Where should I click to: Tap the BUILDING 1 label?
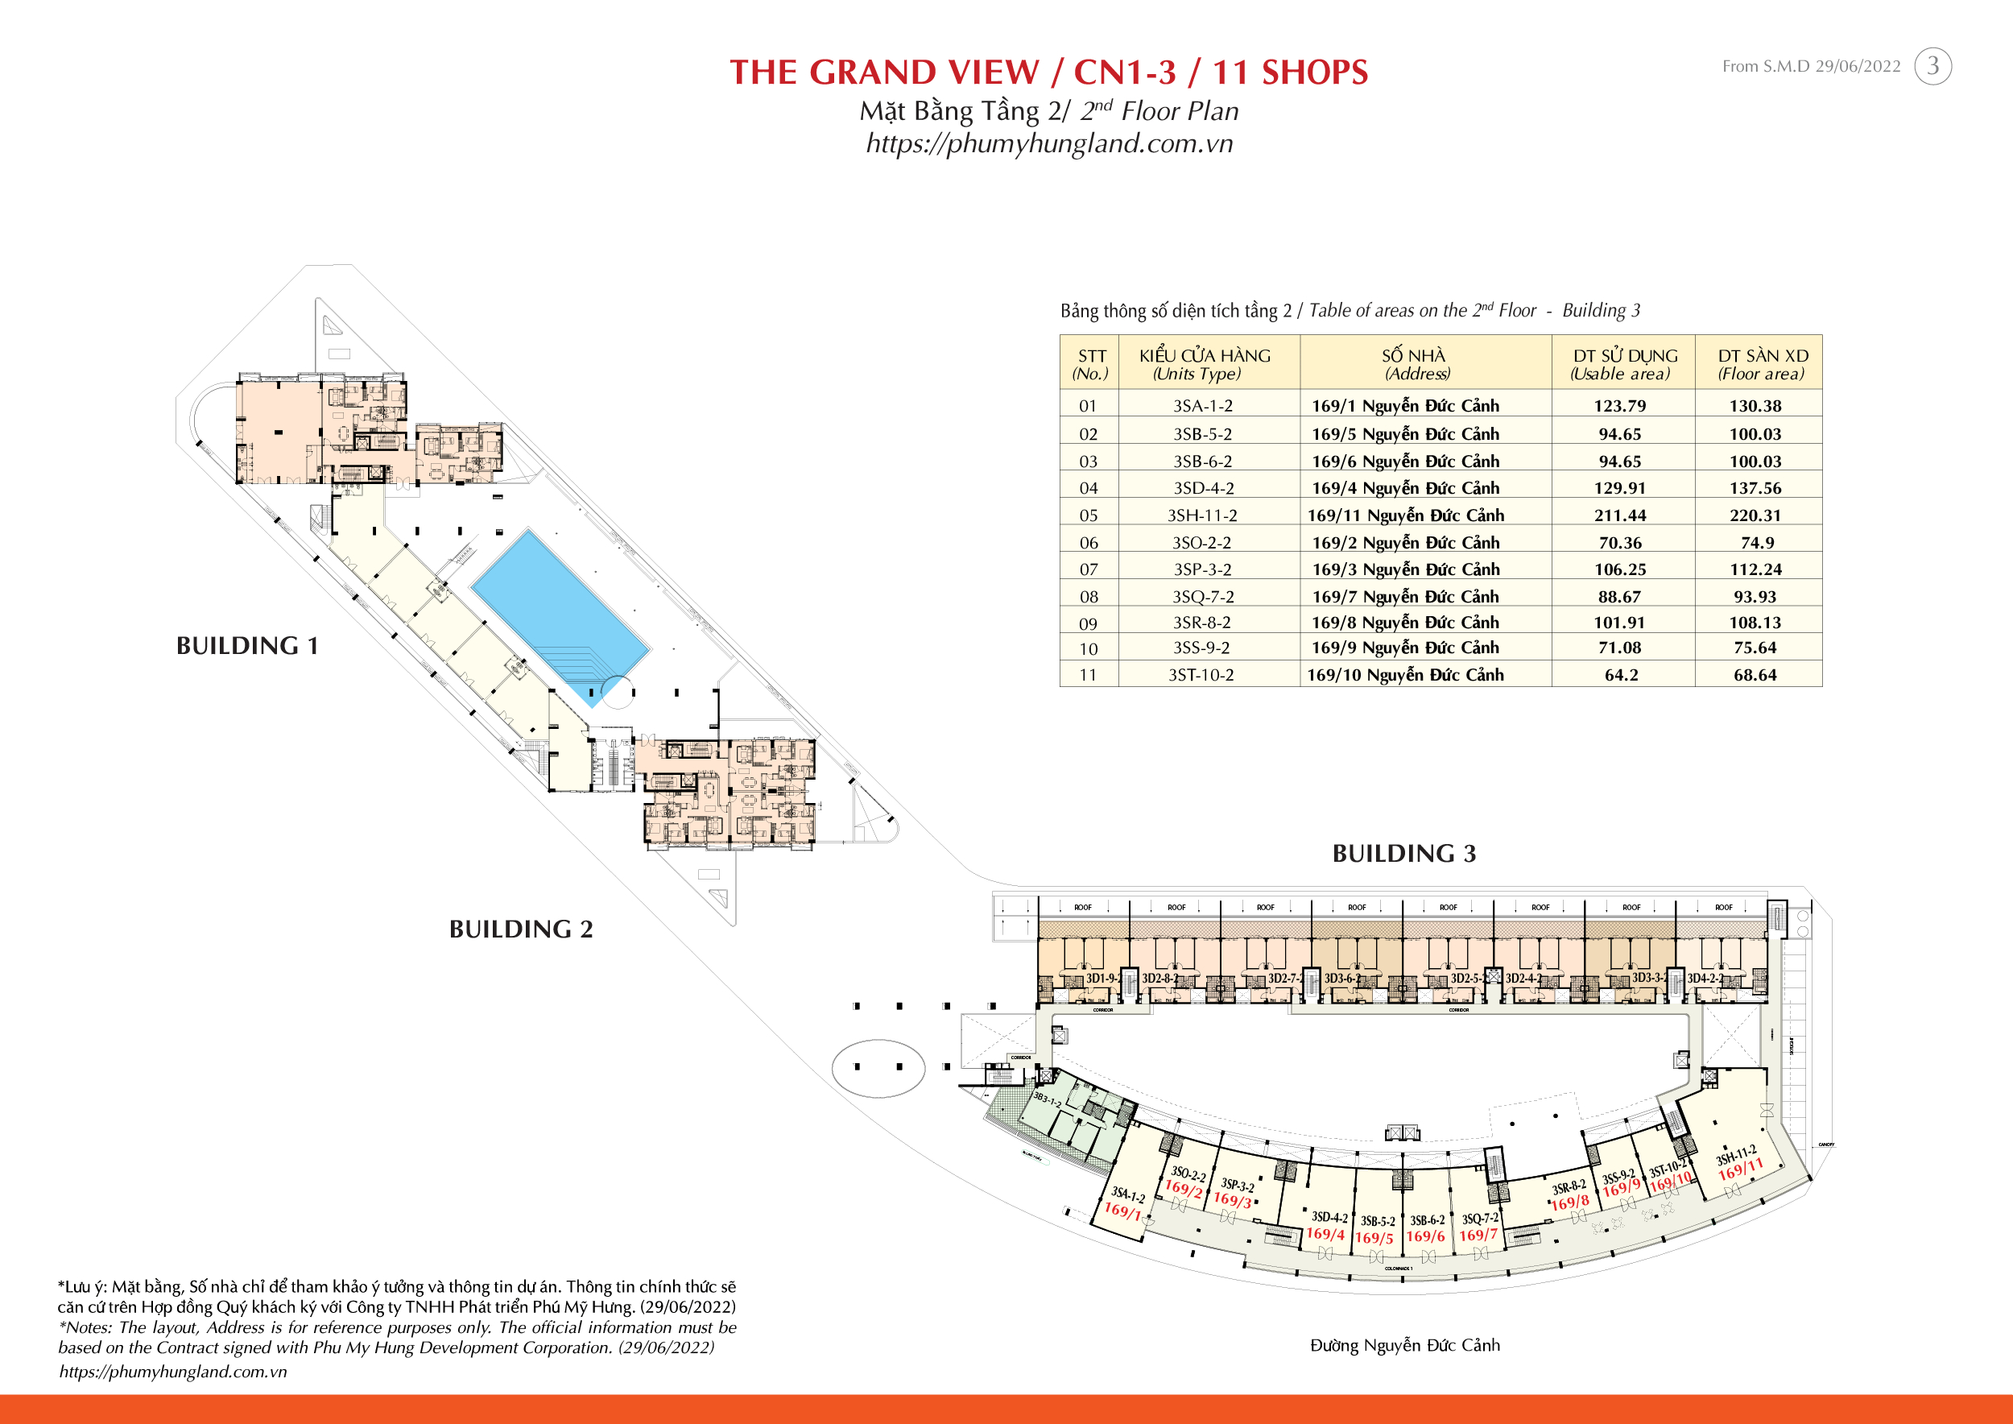click(247, 646)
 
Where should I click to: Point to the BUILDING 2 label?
click(521, 929)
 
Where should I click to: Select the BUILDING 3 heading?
click(1403, 854)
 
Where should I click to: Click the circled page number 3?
click(1932, 66)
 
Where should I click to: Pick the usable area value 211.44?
click(1619, 515)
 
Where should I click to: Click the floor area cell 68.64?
click(1755, 675)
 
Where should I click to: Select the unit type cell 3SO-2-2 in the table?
click(1201, 543)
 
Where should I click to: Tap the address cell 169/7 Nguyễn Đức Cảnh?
click(1405, 596)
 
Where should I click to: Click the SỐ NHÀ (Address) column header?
click(1413, 364)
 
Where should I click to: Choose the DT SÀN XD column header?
click(1763, 364)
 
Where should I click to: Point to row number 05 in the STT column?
click(1088, 515)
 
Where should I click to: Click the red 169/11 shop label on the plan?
click(1740, 1169)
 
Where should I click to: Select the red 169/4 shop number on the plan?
click(1325, 1234)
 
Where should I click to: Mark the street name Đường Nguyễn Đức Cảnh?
click(1404, 1345)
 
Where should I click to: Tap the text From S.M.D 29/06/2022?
click(1810, 67)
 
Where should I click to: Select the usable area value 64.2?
click(1620, 675)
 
